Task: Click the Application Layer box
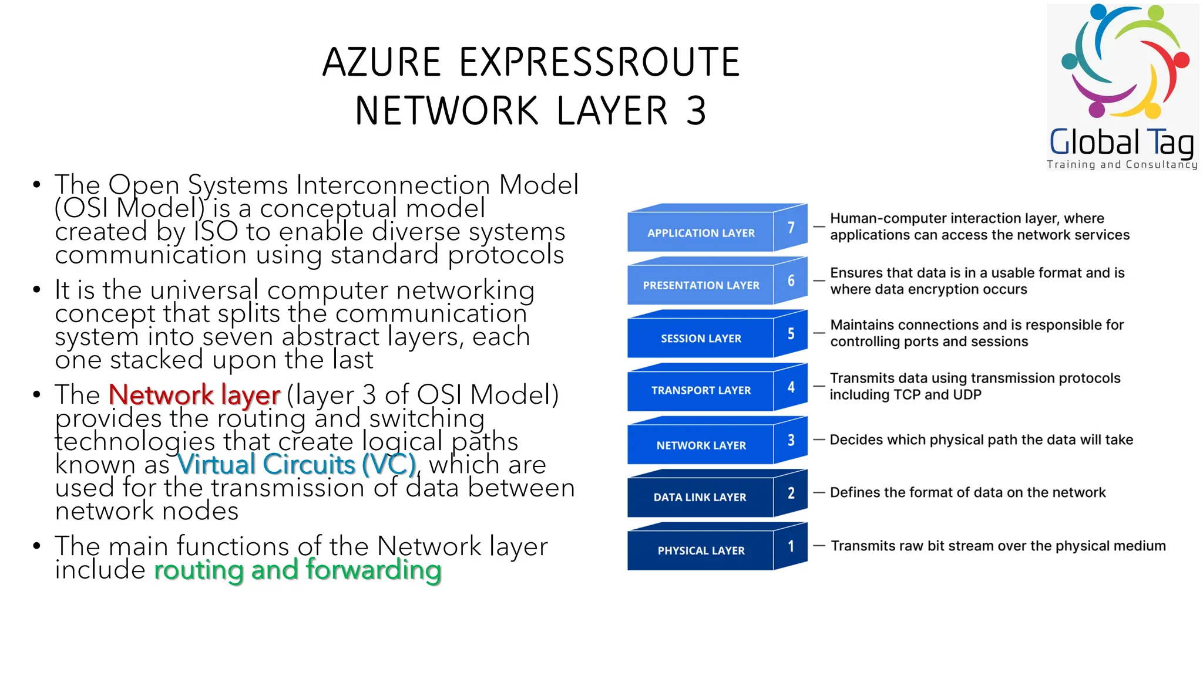pyautogui.click(x=701, y=233)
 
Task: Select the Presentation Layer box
pyautogui.click(x=701, y=285)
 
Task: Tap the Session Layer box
pyautogui.click(x=701, y=339)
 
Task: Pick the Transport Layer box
pyautogui.click(x=701, y=390)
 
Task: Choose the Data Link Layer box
pyautogui.click(x=700, y=497)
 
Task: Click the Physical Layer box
pyautogui.click(x=701, y=550)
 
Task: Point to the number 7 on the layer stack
pyautogui.click(x=791, y=228)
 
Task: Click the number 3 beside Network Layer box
pyautogui.click(x=791, y=440)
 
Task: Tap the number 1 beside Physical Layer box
pyautogui.click(x=791, y=546)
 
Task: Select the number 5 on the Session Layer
pyautogui.click(x=791, y=334)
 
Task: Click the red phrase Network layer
pyautogui.click(x=194, y=395)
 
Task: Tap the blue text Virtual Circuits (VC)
pyautogui.click(x=297, y=465)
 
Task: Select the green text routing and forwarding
pyautogui.click(x=297, y=570)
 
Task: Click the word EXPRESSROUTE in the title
pyautogui.click(x=599, y=62)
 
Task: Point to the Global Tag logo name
pyautogui.click(x=1121, y=143)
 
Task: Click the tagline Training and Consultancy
pyautogui.click(x=1121, y=165)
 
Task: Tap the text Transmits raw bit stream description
pyautogui.click(x=997, y=546)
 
